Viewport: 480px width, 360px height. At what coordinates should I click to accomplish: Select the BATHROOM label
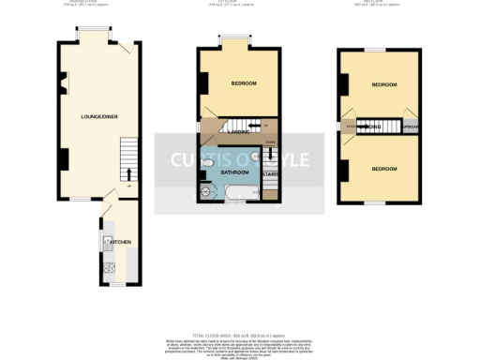click(x=233, y=172)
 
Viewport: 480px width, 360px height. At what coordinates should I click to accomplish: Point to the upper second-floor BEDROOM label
click(x=383, y=84)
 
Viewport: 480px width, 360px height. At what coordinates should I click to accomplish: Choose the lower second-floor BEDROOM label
click(x=383, y=169)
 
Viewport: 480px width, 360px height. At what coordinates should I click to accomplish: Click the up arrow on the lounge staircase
click(x=128, y=172)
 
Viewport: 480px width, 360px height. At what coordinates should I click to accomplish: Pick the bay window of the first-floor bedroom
click(x=235, y=42)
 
